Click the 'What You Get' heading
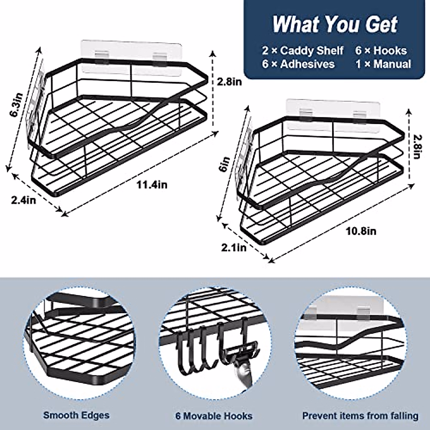coord(335,24)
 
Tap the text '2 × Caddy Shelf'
coord(303,51)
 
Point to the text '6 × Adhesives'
coord(298,64)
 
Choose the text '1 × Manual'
coord(383,64)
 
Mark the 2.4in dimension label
coord(24,200)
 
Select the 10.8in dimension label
coord(360,231)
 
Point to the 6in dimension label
coord(225,165)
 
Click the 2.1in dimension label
coord(234,248)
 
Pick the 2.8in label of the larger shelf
coord(229,82)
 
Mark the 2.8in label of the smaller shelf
coord(416,147)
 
